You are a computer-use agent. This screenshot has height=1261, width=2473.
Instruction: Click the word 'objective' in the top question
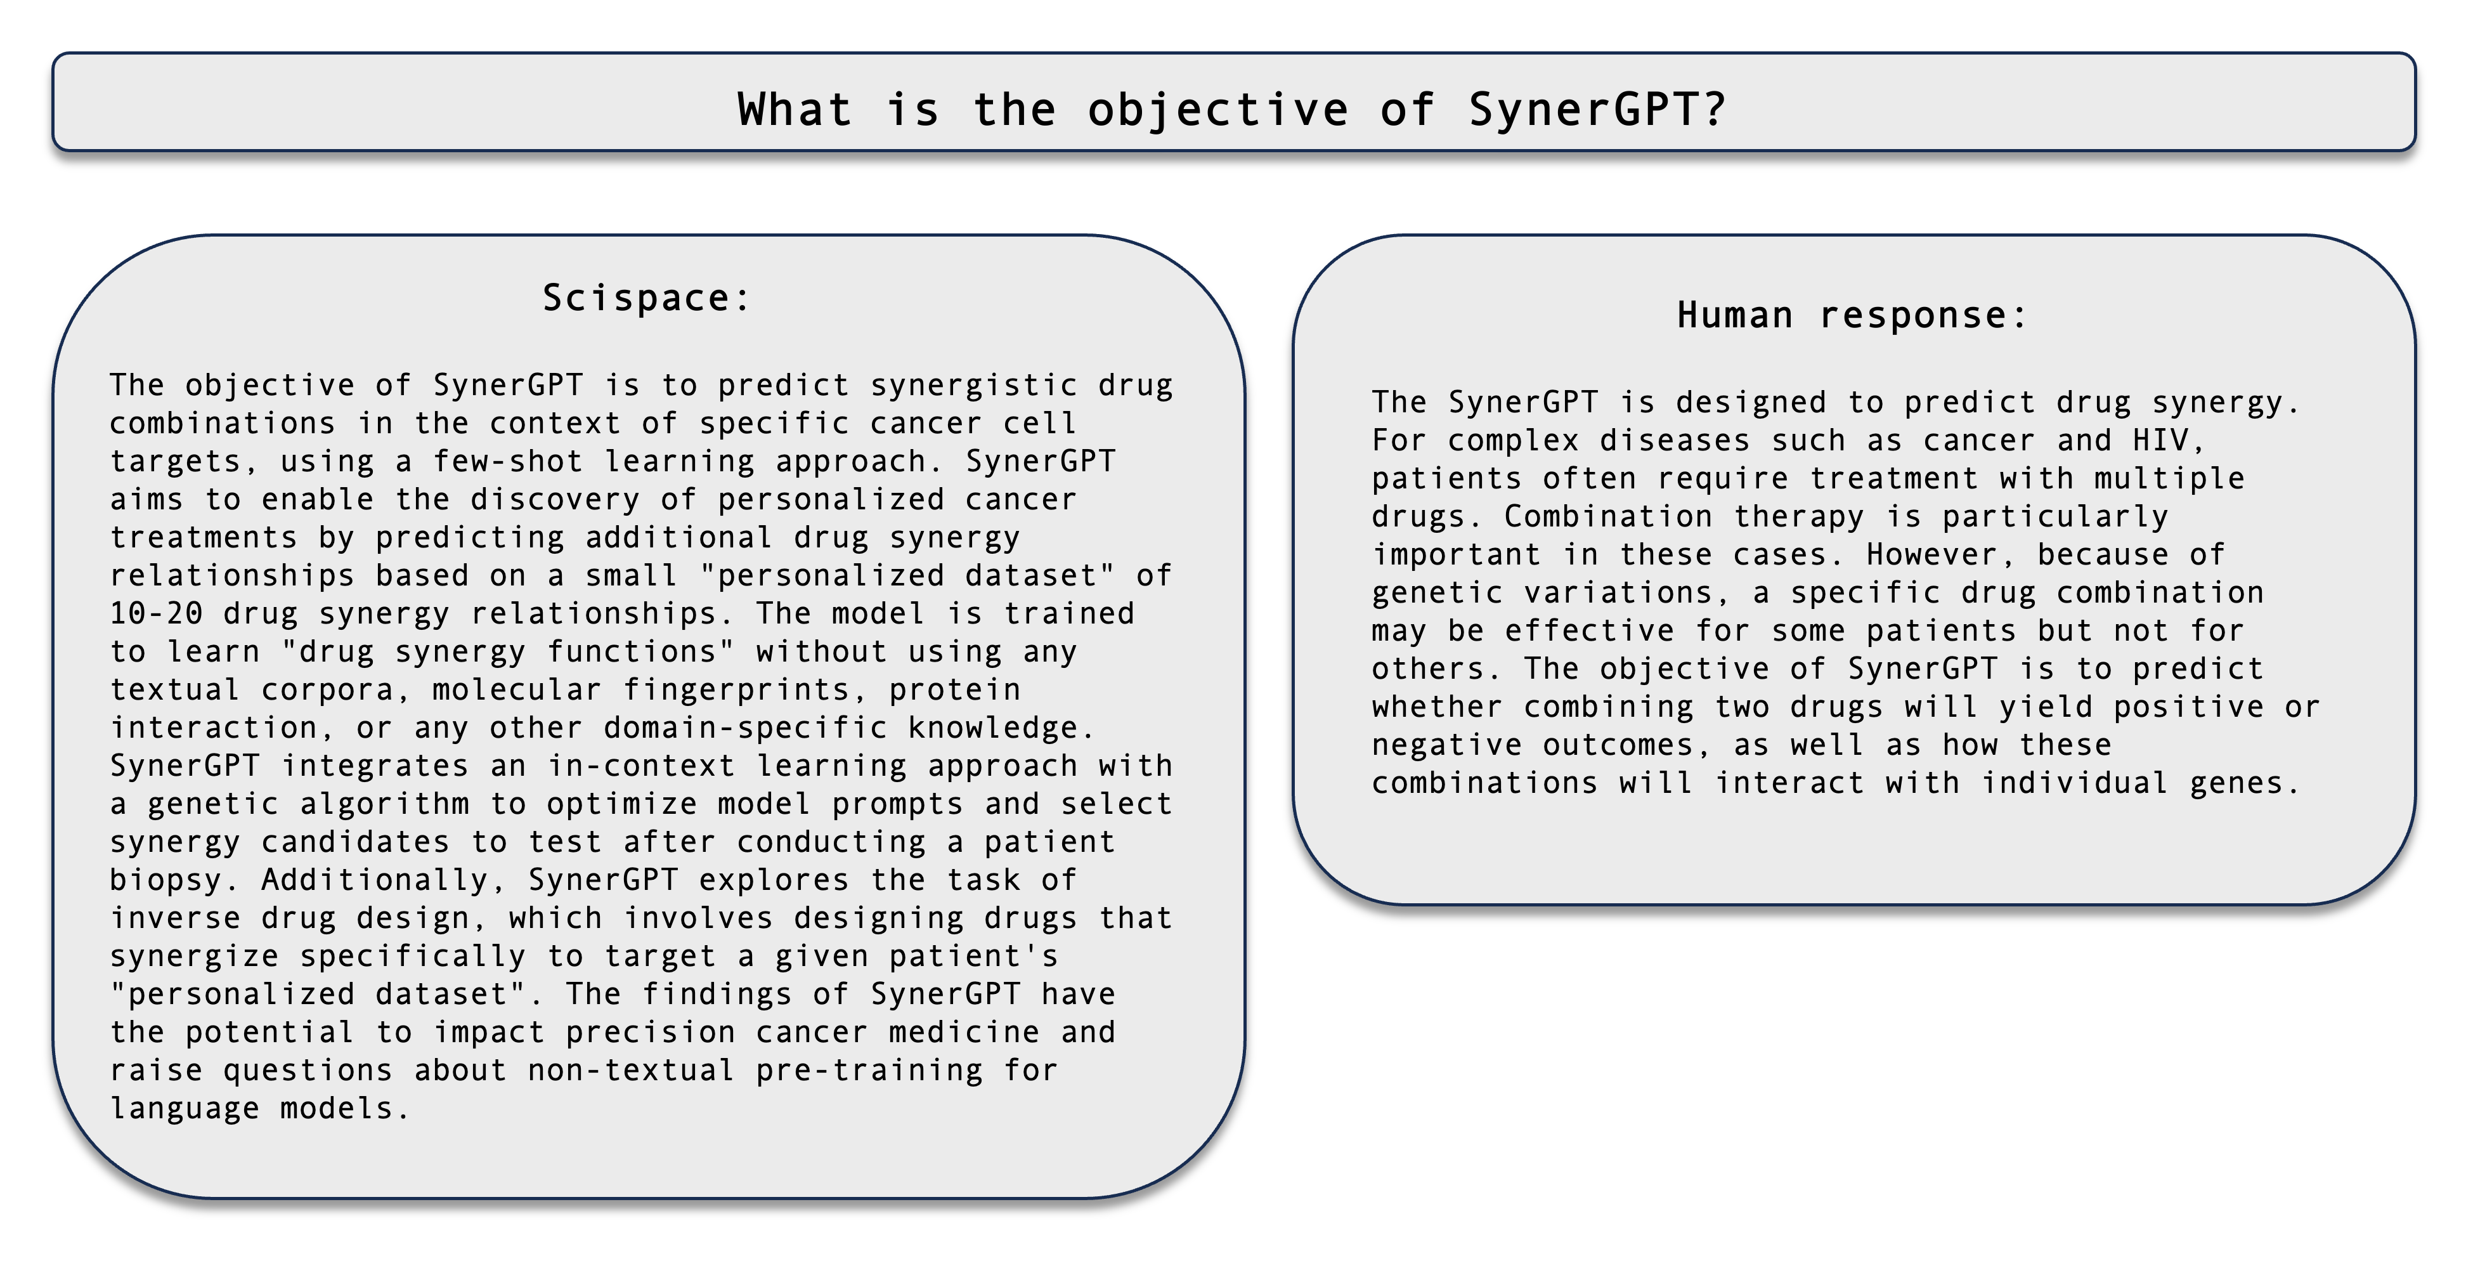pos(1217,110)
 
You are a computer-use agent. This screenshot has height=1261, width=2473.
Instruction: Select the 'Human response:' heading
pos(1852,315)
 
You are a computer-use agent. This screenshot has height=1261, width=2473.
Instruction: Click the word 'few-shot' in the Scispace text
pos(508,461)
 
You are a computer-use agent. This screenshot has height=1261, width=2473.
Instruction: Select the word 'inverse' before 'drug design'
pos(176,918)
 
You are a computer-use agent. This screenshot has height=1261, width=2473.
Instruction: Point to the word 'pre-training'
pos(869,1070)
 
